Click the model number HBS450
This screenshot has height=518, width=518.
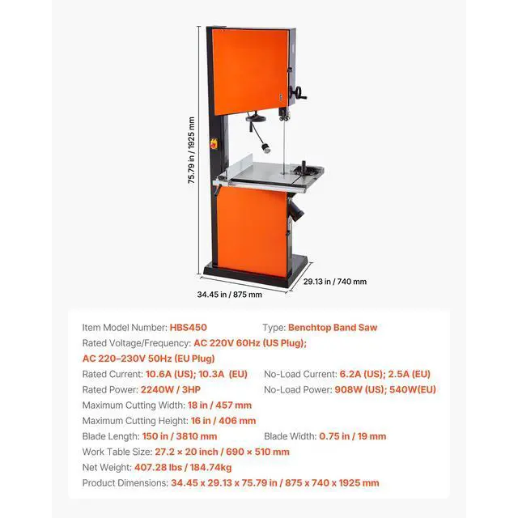188,328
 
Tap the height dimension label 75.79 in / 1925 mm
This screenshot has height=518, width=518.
192,151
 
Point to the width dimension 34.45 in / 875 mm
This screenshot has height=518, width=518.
230,295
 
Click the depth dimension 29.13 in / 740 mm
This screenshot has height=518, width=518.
335,282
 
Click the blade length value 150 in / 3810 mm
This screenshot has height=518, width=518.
174,436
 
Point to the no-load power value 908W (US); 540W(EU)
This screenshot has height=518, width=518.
385,389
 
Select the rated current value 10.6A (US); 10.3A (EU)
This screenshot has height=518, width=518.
195,374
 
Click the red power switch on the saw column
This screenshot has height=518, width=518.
214,145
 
